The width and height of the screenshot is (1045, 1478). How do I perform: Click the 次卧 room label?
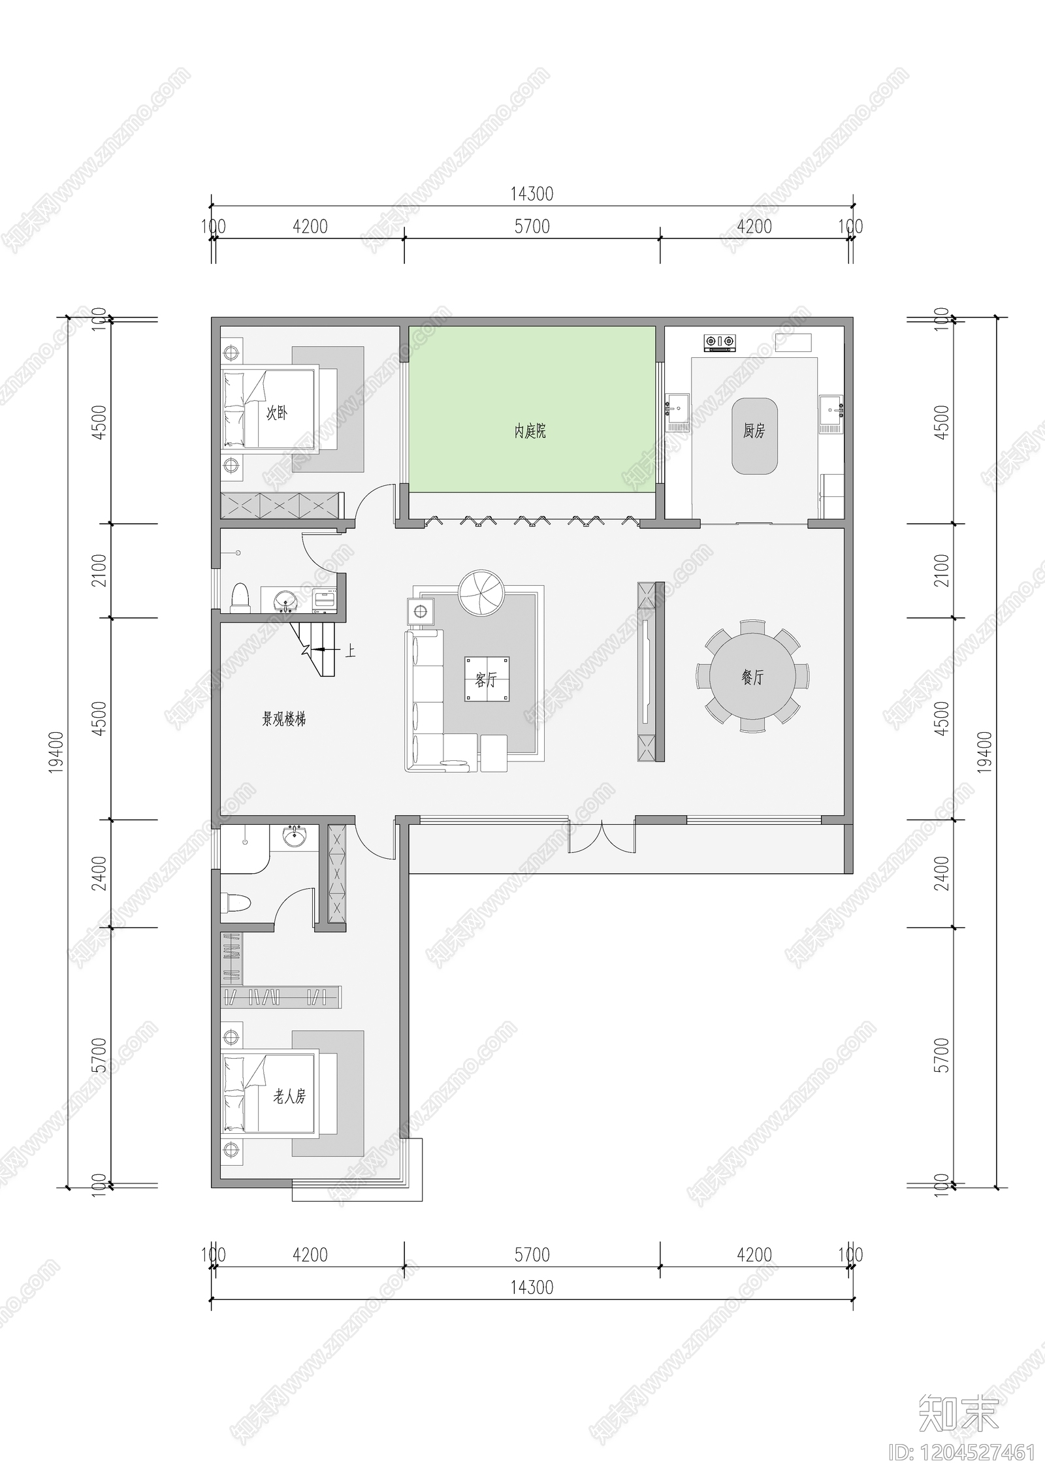point(276,413)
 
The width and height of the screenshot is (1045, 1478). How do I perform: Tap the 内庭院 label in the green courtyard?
point(530,431)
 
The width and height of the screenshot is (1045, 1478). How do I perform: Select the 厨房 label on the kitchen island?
point(754,431)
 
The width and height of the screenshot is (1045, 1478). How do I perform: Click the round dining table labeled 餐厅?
point(752,677)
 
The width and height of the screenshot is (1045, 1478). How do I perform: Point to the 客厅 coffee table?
point(487,679)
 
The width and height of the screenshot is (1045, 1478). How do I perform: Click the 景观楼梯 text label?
point(284,719)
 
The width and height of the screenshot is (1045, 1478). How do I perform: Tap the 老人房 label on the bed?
point(289,1096)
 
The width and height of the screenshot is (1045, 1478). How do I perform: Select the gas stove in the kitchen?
point(720,342)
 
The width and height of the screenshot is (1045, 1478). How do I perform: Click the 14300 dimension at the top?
point(532,194)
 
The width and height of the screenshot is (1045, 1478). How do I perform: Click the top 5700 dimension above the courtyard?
point(532,227)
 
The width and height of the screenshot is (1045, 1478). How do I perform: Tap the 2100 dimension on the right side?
point(941,570)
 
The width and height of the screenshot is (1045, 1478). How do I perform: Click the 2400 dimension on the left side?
point(99,873)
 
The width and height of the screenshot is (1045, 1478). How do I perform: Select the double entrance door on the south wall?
point(602,838)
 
